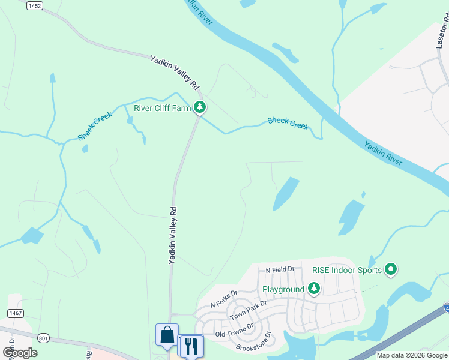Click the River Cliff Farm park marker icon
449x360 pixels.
tap(200, 108)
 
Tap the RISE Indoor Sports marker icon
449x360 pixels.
tap(391, 270)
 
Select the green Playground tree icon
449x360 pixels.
tap(313, 289)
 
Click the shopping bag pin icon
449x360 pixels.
tap(167, 335)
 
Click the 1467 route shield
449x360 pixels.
tap(16, 313)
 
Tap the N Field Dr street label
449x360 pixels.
tap(280, 270)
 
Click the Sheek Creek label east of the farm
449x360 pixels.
tap(288, 123)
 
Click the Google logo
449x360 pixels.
tap(20, 352)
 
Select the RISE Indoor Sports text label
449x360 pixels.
tap(347, 270)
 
